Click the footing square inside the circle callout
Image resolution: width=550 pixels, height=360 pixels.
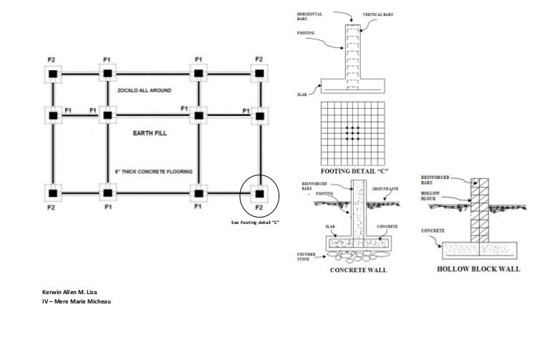click(259, 193)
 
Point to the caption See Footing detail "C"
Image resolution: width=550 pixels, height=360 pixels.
click(254, 223)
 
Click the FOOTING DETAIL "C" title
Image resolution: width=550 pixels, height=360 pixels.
click(354, 172)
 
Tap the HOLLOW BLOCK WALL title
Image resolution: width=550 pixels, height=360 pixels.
click(478, 269)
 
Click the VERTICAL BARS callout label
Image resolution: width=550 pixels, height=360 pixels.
click(381, 14)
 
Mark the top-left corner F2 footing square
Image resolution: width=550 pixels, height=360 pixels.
click(53, 74)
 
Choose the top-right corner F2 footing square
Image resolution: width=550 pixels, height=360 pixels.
click(259, 74)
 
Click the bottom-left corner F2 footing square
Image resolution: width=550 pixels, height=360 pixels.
click(53, 193)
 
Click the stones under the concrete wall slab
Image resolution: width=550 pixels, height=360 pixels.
click(359, 255)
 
